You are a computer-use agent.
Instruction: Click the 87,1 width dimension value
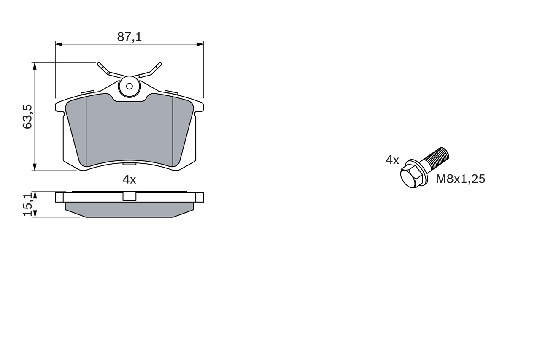(129, 37)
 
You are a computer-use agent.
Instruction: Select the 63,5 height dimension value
(27, 117)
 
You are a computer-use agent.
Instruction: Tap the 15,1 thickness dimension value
(27, 205)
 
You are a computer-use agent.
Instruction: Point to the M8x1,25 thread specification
(460, 179)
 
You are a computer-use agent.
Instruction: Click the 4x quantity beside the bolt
(392, 160)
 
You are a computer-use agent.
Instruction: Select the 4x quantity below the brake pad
(129, 179)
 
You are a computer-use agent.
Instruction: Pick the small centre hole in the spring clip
(130, 87)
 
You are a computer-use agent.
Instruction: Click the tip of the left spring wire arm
(100, 65)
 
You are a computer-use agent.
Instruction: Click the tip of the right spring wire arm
(159, 65)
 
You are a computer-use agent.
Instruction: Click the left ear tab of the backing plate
(59, 106)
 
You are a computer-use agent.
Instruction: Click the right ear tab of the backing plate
(200, 106)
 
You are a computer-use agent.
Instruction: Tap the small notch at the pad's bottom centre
(130, 163)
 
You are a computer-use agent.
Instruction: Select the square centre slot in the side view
(129, 196)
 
